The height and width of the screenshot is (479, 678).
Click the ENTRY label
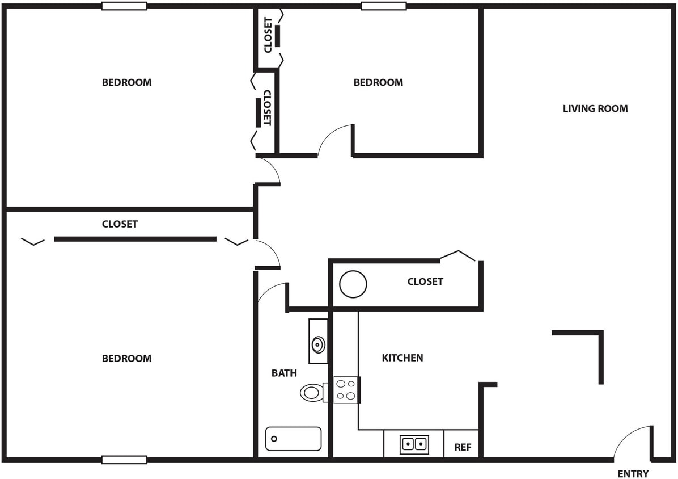coord(633,474)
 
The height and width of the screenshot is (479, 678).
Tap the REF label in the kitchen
coord(463,447)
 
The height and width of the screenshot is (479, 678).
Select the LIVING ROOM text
coord(595,108)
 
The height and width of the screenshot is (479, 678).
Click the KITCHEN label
coord(402,358)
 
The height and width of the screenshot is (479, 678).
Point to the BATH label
coord(284,373)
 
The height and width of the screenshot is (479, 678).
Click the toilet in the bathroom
coord(312,392)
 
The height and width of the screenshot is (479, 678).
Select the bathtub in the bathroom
coord(293,439)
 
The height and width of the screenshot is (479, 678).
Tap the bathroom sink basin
coord(319,344)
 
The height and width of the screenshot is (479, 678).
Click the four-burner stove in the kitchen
coord(346,390)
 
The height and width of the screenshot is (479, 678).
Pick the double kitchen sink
coord(414,444)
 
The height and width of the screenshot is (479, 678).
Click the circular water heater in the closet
coord(353,284)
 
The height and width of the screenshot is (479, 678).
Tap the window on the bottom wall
coord(124,459)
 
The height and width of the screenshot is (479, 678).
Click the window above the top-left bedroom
coord(124,6)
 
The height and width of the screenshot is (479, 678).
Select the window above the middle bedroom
coord(384,6)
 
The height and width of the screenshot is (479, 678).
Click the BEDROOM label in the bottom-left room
coord(126,358)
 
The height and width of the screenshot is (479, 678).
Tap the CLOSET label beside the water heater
coord(425,281)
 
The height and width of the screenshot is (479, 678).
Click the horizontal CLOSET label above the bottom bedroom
coord(120,224)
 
